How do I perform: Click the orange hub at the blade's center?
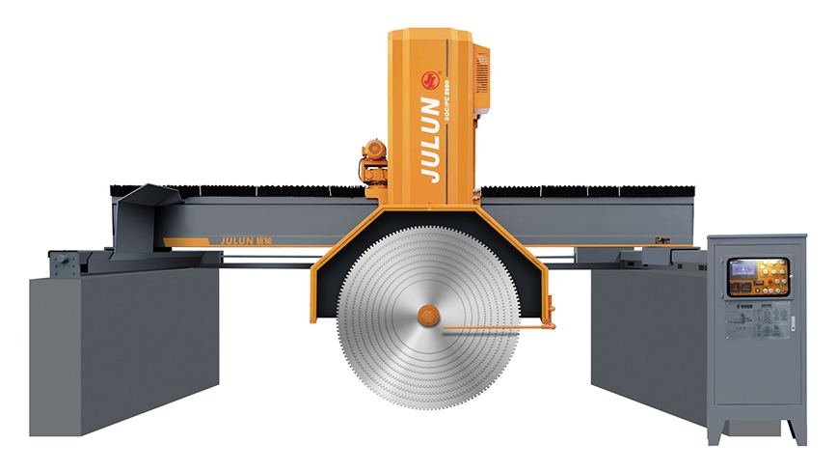[x=427, y=316]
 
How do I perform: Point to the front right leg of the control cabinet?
[x=791, y=431]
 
